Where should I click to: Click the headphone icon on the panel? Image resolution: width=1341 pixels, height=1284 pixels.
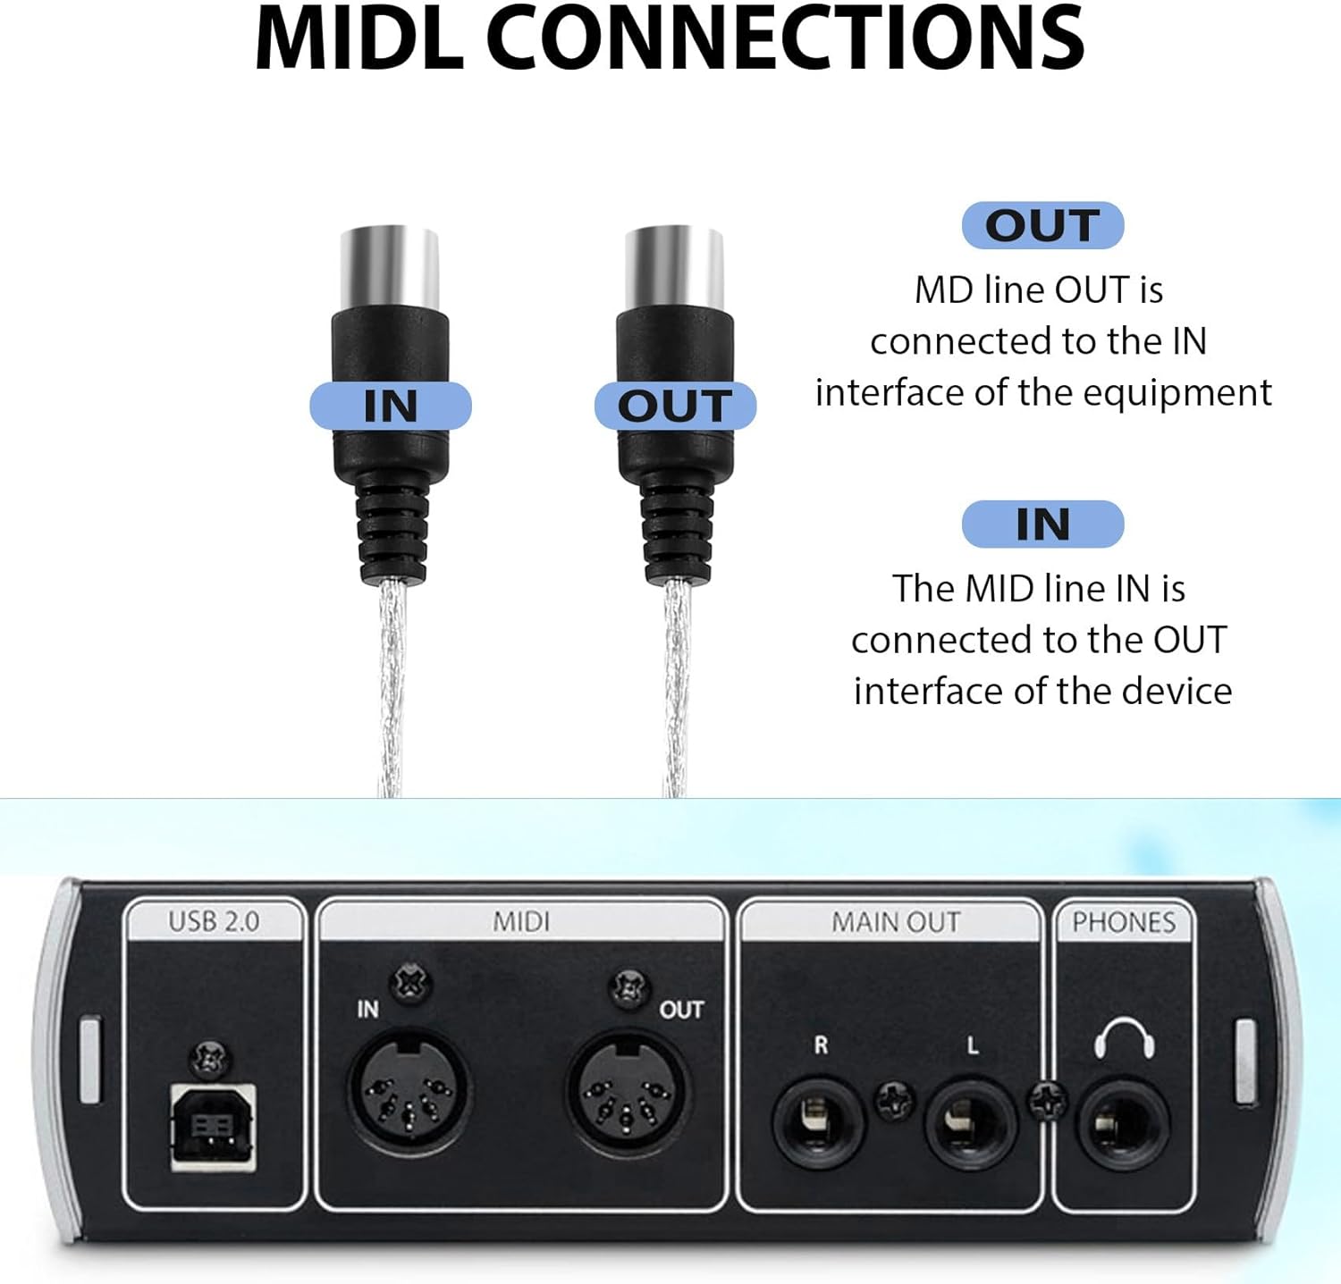coord(1124,1040)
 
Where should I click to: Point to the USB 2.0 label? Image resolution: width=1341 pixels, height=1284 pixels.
coord(214,922)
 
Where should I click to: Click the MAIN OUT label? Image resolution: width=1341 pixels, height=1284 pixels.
coord(896,922)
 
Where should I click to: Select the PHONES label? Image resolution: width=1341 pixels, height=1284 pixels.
coord(1124,922)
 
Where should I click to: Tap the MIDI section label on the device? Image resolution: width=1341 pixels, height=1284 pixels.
coord(521,922)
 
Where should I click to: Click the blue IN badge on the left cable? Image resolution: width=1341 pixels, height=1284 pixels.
coord(391,407)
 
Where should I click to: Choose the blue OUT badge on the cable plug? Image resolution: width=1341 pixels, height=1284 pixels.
coord(675,407)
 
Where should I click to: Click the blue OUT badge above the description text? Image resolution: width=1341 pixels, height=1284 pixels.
coord(1042,225)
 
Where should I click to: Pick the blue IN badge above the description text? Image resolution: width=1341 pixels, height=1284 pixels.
coord(1042,525)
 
